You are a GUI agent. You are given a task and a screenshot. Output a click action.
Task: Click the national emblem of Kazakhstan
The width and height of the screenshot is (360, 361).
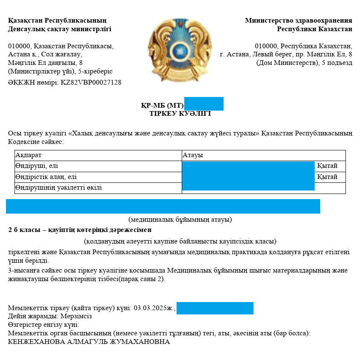180,50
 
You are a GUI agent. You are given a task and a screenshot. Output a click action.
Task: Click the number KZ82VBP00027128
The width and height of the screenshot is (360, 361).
90,82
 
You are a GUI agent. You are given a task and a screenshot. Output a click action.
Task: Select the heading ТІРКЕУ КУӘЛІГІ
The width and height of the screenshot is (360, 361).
180,114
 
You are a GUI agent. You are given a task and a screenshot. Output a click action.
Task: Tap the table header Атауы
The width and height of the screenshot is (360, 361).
192,156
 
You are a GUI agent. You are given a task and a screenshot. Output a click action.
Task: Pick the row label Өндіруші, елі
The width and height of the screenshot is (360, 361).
36,166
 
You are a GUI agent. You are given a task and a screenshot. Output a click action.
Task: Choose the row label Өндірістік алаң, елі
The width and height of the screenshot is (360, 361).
46,177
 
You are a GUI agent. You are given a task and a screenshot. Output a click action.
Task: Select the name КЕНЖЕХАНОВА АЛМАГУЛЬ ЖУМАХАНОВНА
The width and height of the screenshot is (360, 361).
89,342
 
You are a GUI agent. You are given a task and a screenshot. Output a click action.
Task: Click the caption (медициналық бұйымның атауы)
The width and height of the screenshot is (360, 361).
180,220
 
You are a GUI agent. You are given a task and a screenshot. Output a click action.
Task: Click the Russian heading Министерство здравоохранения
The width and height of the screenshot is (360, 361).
298,21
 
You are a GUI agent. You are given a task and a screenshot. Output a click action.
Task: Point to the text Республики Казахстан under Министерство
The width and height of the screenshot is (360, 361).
314,29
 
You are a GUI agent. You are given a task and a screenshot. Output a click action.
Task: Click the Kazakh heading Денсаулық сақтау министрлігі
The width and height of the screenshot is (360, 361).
59,29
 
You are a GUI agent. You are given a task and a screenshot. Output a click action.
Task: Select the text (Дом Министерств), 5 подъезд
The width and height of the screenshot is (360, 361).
304,63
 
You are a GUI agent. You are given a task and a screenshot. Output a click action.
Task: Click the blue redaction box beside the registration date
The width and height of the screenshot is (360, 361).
215,308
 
